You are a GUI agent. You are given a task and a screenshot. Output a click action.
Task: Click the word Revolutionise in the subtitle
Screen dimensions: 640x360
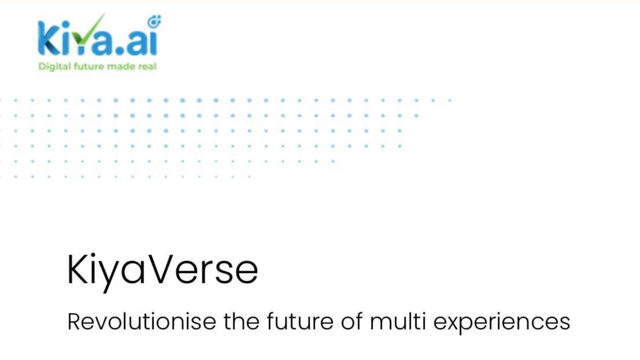(142, 322)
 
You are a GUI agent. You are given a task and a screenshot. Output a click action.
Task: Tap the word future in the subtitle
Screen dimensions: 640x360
(300, 322)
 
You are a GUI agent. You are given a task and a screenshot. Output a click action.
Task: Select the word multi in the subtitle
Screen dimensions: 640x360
(398, 322)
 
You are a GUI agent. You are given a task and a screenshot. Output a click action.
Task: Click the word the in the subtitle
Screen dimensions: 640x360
(241, 322)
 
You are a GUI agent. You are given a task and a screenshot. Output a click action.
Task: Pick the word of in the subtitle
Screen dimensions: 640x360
(352, 322)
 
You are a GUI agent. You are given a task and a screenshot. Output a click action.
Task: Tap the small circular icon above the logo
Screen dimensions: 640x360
(154, 22)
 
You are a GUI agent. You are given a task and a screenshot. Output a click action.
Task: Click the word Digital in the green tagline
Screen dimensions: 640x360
(54, 66)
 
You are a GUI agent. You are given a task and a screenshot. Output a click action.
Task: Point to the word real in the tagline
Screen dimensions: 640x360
(147, 66)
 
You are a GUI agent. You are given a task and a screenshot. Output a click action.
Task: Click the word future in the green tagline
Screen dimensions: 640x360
(89, 66)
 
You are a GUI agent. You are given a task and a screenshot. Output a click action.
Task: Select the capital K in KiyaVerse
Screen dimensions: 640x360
(77, 269)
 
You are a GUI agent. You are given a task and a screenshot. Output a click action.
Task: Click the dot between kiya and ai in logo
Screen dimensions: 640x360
(120, 51)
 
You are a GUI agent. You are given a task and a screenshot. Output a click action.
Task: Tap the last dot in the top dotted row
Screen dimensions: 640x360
(450, 100)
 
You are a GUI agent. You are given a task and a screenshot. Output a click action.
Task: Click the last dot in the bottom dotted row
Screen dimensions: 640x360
(249, 177)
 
